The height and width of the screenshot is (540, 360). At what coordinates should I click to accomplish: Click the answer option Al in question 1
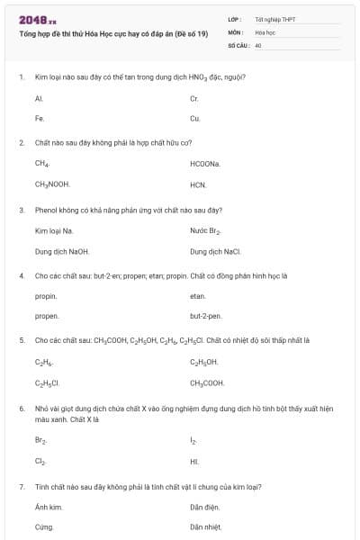(x=40, y=97)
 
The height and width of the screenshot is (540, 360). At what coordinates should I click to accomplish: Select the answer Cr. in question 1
(x=194, y=97)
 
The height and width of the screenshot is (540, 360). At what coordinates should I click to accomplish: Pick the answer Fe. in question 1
(x=40, y=118)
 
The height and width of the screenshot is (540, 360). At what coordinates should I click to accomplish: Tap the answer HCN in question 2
(x=199, y=184)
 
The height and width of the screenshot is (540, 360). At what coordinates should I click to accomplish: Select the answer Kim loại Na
(x=54, y=230)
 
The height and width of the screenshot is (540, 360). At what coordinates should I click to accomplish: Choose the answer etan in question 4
(x=199, y=296)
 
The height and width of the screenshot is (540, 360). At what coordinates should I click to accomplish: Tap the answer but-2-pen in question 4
(x=203, y=317)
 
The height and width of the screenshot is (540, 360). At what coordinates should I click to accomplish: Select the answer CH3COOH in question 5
(x=208, y=382)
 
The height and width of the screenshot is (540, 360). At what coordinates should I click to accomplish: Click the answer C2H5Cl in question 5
(x=48, y=382)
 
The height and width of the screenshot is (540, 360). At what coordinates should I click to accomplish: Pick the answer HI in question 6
(x=194, y=461)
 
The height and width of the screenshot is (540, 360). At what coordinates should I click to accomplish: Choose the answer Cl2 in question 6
(x=40, y=461)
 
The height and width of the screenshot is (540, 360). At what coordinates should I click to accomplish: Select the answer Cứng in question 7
(x=44, y=527)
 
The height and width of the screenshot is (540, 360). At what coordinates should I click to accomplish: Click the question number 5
(x=21, y=340)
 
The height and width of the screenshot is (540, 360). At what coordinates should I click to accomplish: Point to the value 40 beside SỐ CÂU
(x=258, y=44)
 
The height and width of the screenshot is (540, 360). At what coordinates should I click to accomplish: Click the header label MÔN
(x=236, y=31)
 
